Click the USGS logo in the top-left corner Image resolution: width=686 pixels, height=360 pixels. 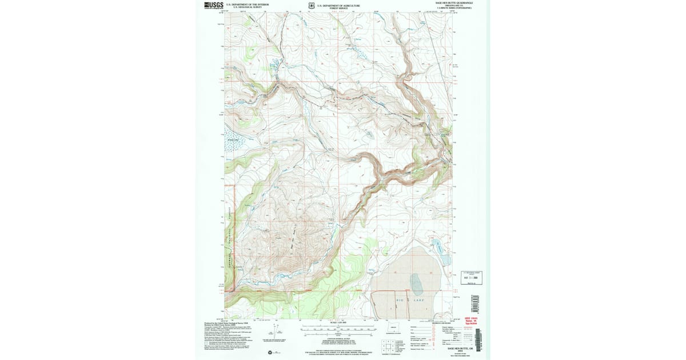(x=213, y=5)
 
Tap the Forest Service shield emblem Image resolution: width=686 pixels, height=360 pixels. (x=311, y=5)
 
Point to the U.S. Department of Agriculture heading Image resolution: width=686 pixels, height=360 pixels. (x=338, y=4)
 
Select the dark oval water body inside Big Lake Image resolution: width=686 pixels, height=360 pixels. (x=417, y=282)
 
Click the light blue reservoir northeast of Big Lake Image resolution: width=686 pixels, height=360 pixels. (x=437, y=247)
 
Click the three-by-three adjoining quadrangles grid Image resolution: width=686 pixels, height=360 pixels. (x=388, y=345)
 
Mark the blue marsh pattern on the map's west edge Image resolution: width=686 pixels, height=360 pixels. (x=233, y=144)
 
